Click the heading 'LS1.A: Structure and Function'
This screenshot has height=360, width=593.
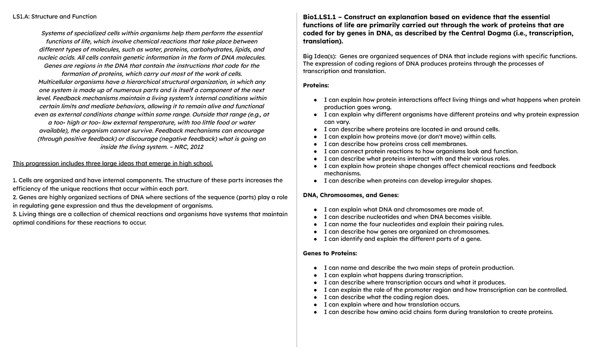pos(54,17)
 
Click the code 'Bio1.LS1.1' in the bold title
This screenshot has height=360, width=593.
pos(322,17)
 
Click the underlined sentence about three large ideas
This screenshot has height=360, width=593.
pos(113,163)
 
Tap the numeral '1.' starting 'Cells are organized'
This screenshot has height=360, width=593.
pos(15,180)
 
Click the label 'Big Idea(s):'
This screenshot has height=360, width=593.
pos(320,56)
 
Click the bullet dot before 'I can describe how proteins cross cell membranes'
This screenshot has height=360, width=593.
pos(316,144)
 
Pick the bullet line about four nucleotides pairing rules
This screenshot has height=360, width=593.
pos(414,224)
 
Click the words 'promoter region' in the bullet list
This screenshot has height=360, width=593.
pos(409,290)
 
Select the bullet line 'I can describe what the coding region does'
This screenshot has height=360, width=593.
pos(386,297)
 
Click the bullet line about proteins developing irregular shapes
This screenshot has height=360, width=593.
pos(408,181)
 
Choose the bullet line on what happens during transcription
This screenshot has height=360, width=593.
pos(393,275)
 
